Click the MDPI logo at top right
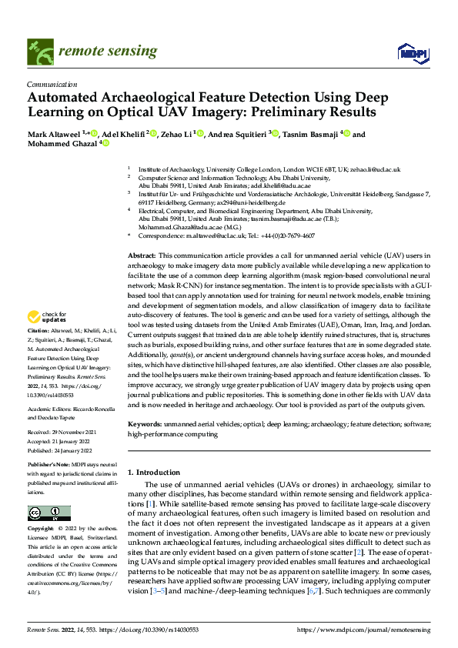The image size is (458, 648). coord(413,52)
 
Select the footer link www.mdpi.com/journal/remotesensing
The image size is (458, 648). coord(367,630)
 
